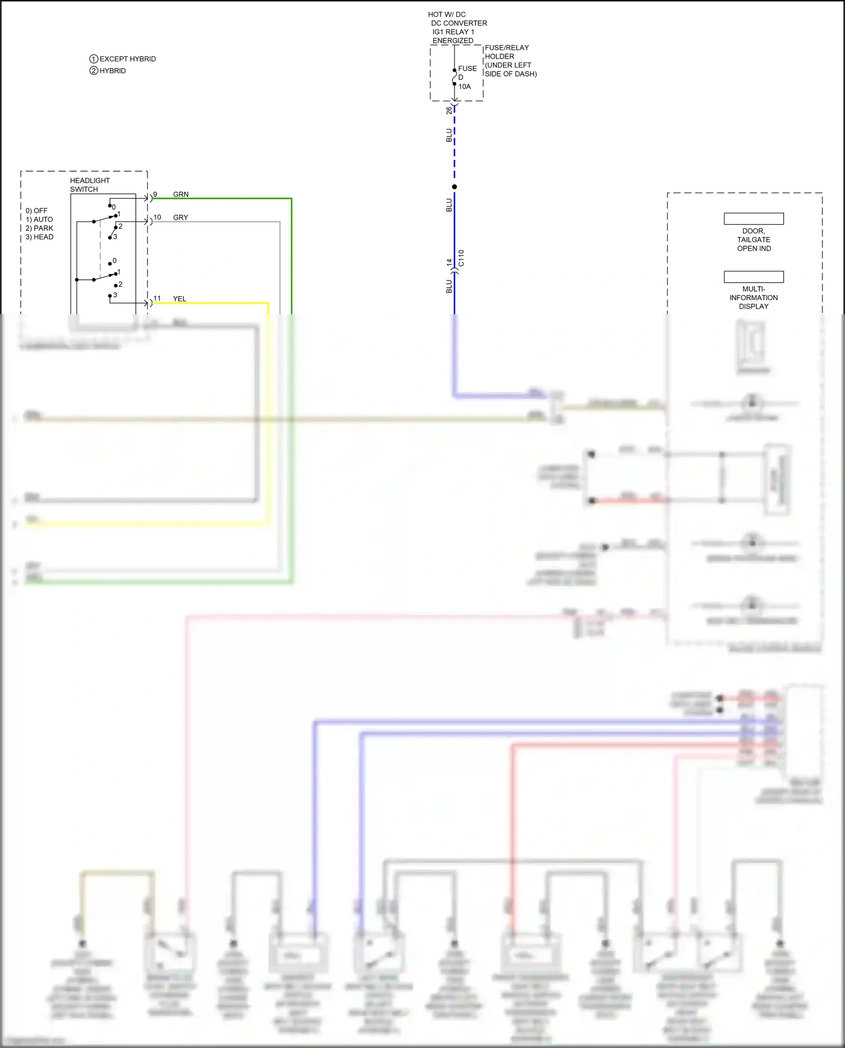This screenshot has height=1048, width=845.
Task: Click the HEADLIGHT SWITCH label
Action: (x=90, y=185)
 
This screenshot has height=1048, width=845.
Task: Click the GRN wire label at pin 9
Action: (x=181, y=194)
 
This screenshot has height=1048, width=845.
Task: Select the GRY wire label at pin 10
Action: (x=181, y=217)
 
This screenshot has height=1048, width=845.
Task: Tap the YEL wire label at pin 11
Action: (x=180, y=299)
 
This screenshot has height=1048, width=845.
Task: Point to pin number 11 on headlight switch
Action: (x=157, y=298)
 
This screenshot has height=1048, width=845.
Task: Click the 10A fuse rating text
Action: (x=464, y=87)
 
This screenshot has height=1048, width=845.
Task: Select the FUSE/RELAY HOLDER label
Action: (x=506, y=52)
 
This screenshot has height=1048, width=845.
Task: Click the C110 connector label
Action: (x=461, y=258)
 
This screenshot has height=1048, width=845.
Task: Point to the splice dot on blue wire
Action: (x=455, y=187)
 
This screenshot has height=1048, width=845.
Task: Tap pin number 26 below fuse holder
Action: (x=449, y=110)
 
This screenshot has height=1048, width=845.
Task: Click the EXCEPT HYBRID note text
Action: (x=127, y=59)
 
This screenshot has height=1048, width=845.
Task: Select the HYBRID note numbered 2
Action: (x=112, y=71)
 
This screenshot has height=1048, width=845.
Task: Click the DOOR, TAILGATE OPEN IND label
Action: (x=754, y=240)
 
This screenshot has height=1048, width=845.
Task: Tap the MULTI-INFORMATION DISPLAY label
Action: (x=754, y=298)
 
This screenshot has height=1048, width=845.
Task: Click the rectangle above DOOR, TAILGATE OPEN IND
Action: (x=754, y=218)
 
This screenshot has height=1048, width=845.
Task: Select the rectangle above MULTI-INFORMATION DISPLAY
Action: (x=754, y=277)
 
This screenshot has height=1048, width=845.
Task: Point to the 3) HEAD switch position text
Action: (x=39, y=237)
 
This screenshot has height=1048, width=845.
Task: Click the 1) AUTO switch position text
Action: (x=39, y=220)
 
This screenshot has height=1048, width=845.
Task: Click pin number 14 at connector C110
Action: (x=449, y=262)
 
